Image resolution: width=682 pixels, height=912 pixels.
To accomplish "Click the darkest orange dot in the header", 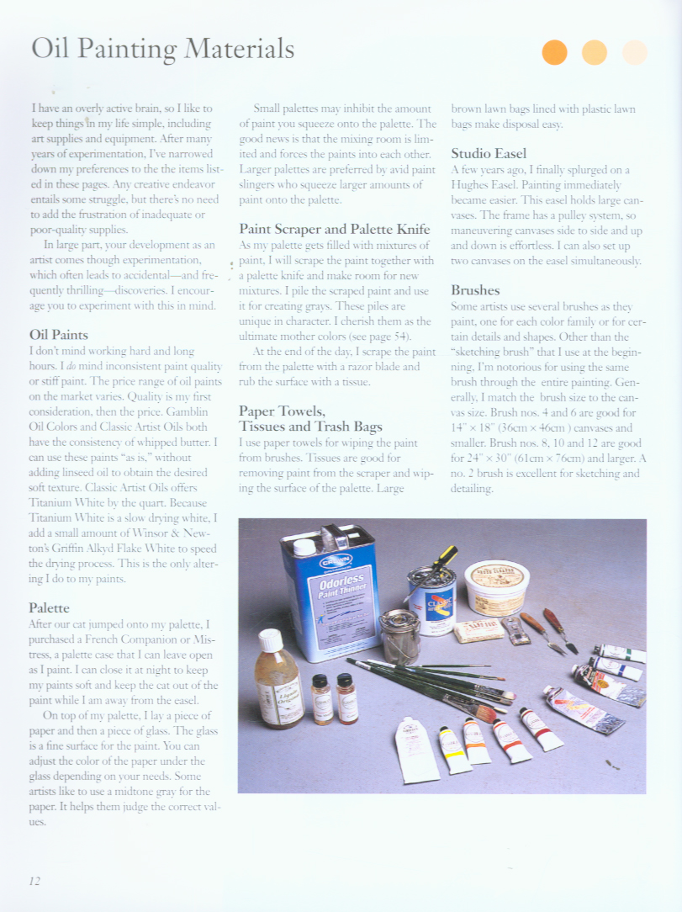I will point(555,52).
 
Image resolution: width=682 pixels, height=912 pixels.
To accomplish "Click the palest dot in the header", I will point(635,52).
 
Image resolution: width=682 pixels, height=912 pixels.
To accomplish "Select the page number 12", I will point(34,881).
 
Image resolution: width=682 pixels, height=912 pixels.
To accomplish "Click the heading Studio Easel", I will point(489,153).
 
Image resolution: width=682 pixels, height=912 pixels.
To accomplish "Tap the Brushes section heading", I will point(475,290).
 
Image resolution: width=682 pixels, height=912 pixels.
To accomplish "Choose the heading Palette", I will point(49,607).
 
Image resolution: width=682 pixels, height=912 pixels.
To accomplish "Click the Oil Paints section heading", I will point(60,335).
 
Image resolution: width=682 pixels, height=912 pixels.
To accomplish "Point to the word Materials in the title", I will point(240,49).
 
